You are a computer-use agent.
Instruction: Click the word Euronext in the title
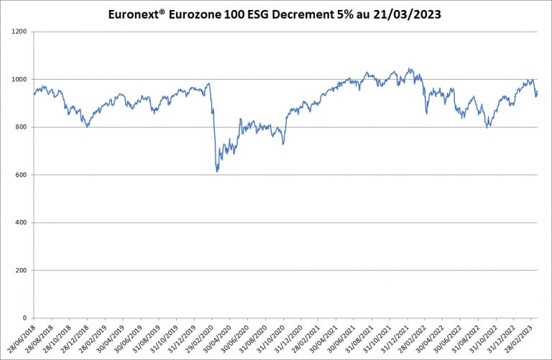(x=133, y=14)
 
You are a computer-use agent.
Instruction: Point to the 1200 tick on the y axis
(x=19, y=32)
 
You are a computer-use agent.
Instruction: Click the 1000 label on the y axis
(x=19, y=80)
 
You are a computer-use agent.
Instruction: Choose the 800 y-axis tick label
(x=21, y=127)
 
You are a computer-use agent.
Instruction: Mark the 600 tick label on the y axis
(x=21, y=175)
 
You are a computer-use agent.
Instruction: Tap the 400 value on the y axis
(x=21, y=223)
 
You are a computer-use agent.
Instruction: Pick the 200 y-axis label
(x=21, y=270)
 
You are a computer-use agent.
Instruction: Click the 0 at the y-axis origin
(x=25, y=318)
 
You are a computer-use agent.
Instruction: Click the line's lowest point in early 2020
(x=217, y=172)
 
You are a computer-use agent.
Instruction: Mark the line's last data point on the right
(x=537, y=91)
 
